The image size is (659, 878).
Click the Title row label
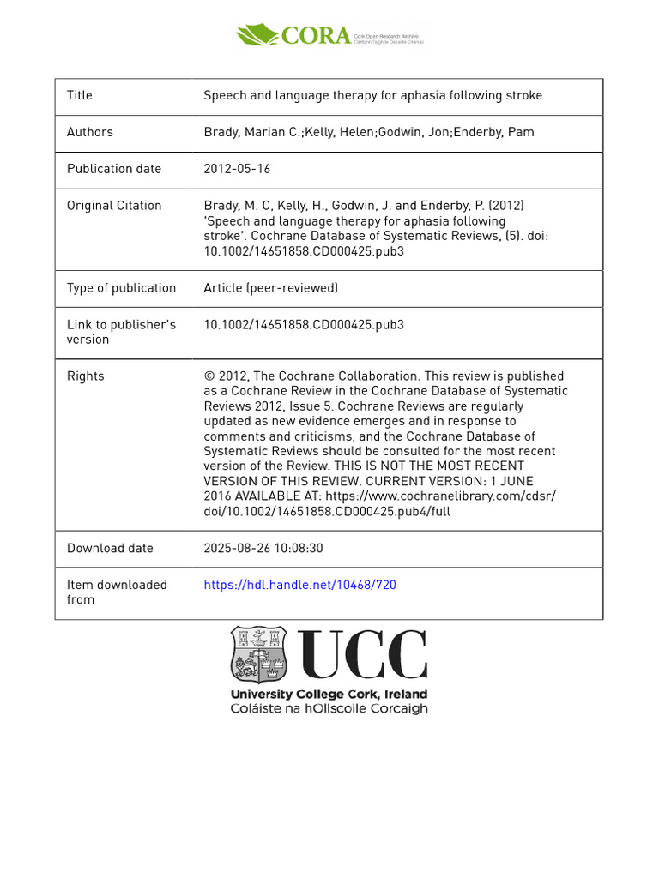point(80,95)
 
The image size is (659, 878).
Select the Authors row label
point(90,132)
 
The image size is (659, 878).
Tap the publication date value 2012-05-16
point(237,169)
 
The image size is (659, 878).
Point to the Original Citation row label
point(114,206)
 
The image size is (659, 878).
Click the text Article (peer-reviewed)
point(271,288)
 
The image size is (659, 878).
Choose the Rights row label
point(86,376)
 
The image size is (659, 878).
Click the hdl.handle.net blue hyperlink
point(299,585)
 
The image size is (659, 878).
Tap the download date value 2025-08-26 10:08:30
point(263,548)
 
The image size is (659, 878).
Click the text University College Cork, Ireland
point(329,695)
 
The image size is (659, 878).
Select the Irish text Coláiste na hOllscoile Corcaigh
point(329,709)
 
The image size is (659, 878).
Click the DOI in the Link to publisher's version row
point(304,325)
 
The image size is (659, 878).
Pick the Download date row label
point(110,548)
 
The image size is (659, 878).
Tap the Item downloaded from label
point(117,592)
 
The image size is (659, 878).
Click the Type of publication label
point(121,288)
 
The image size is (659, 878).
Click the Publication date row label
point(114,169)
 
